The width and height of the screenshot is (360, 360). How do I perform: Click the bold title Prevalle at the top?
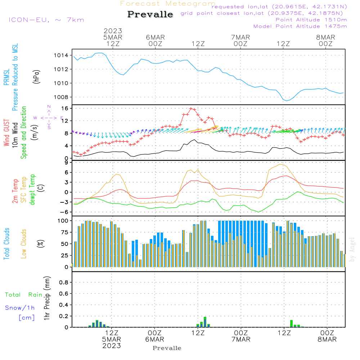[x=150, y=14]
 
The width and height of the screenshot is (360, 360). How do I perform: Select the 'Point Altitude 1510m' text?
[x=311, y=19]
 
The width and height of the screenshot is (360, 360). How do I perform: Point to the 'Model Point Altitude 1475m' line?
[x=300, y=26]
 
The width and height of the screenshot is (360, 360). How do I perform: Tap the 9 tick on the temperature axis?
[x=67, y=162]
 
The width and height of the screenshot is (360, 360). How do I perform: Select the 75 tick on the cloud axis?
[x=64, y=232]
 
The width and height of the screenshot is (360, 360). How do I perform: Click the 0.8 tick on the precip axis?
[x=64, y=282]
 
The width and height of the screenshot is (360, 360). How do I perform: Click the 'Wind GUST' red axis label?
[x=6, y=132]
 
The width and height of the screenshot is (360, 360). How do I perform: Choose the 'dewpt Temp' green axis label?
[x=33, y=190]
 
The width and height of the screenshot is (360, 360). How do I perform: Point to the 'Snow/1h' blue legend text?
[x=20, y=308]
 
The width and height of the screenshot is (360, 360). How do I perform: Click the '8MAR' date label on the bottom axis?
[x=327, y=339]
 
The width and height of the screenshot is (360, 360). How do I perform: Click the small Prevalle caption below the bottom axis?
[x=167, y=348]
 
